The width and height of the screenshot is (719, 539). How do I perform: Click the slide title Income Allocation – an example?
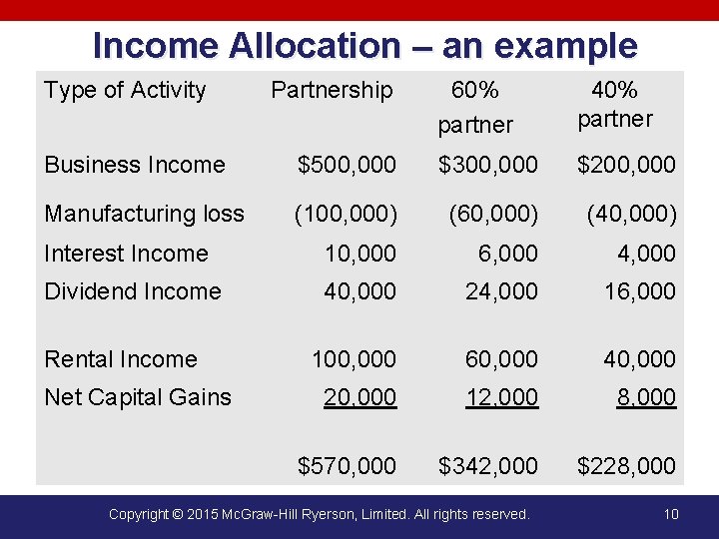click(x=364, y=46)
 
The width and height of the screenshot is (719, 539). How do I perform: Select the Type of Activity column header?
click(x=125, y=90)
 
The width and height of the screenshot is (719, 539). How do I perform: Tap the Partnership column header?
click(x=332, y=90)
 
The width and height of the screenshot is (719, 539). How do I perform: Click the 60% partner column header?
click(x=475, y=107)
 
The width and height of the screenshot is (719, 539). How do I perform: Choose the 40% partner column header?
click(x=615, y=105)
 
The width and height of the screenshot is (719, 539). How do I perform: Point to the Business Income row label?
click(x=135, y=165)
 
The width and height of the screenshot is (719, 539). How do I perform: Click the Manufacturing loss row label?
click(x=144, y=214)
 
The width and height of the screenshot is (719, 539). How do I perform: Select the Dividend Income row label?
click(x=133, y=291)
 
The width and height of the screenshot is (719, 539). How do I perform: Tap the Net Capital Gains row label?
click(x=138, y=397)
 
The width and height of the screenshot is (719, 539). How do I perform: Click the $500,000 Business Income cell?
click(x=347, y=165)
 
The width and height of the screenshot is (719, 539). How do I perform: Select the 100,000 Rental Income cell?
click(x=354, y=358)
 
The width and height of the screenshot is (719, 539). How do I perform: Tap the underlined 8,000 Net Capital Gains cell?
click(x=646, y=397)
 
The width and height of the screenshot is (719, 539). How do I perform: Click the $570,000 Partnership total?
click(x=347, y=465)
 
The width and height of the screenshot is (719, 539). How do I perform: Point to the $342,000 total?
click(x=488, y=465)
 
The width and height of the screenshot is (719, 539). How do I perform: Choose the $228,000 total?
click(x=626, y=465)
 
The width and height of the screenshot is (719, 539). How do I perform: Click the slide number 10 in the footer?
click(x=670, y=514)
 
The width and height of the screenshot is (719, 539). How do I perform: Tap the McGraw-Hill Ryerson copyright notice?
click(x=319, y=514)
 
